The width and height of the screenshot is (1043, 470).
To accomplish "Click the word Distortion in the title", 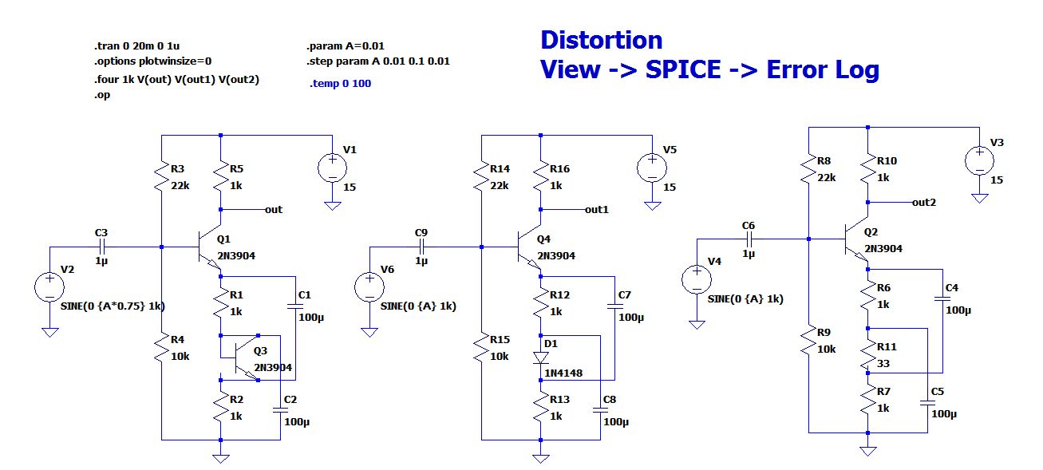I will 601,40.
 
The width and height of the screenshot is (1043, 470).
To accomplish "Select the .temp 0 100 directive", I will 340,83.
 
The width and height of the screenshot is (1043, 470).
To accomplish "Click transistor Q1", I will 210,247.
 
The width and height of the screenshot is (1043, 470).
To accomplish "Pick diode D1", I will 541,356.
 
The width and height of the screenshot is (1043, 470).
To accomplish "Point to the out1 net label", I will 597,210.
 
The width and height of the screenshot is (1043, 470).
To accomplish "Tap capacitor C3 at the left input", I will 101,247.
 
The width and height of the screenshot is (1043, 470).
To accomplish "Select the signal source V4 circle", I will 697,280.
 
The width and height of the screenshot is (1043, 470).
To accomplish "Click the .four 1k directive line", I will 176,79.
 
